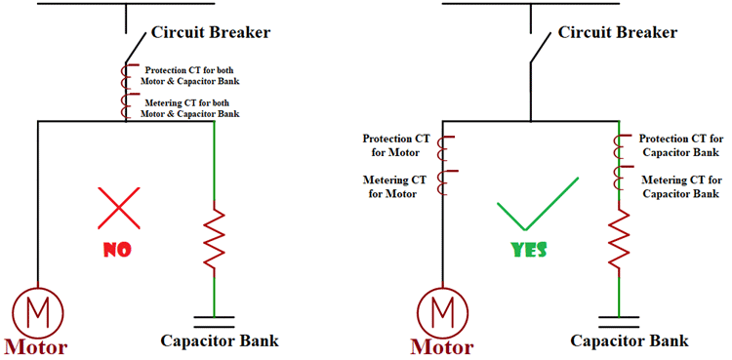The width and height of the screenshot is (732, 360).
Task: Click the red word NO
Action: tap(116, 250)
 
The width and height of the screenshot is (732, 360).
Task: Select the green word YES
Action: tap(530, 250)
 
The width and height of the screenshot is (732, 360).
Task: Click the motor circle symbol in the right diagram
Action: tap(443, 312)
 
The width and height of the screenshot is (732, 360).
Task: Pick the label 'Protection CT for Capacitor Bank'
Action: tap(679, 145)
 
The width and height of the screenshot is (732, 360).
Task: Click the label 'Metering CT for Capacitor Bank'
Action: tap(681, 186)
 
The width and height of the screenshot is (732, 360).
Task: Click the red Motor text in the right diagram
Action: tap(442, 346)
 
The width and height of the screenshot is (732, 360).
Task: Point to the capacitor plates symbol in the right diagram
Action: tap(620, 316)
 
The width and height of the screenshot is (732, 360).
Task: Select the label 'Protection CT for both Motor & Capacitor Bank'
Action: tap(190, 76)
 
